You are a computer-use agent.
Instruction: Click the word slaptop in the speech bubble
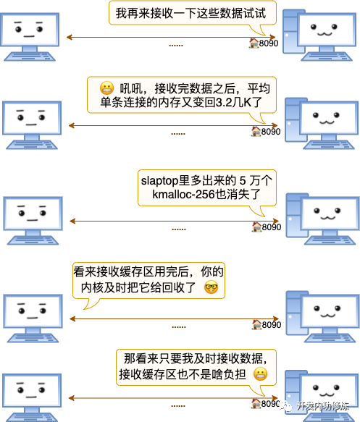point(159,181)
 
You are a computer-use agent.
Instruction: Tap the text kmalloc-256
point(184,194)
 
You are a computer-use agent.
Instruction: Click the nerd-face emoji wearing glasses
point(211,287)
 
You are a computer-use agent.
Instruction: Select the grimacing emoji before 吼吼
point(106,88)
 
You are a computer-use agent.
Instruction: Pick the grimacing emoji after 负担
point(260,374)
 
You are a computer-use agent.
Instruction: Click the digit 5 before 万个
point(243,181)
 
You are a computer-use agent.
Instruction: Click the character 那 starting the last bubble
point(130,359)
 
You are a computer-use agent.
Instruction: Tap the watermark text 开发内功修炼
point(322,406)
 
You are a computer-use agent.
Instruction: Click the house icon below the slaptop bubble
point(256,227)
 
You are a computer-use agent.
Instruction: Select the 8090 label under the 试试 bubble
point(269,43)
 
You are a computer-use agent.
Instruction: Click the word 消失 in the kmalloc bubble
point(238,194)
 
